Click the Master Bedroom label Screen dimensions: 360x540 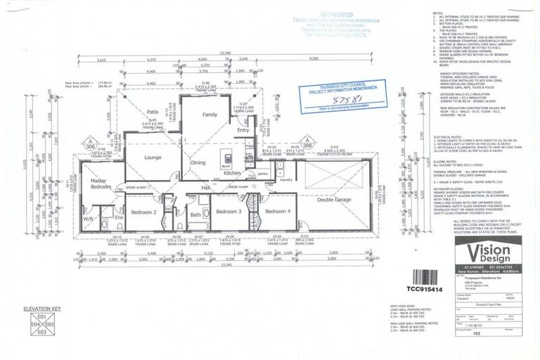point(101,184)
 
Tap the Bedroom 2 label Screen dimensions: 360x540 point(144,212)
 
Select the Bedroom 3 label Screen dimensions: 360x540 point(229,211)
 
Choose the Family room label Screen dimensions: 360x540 point(210,114)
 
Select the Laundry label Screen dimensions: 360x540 point(285,180)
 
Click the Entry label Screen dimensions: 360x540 point(243,131)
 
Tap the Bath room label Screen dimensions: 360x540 point(195,215)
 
